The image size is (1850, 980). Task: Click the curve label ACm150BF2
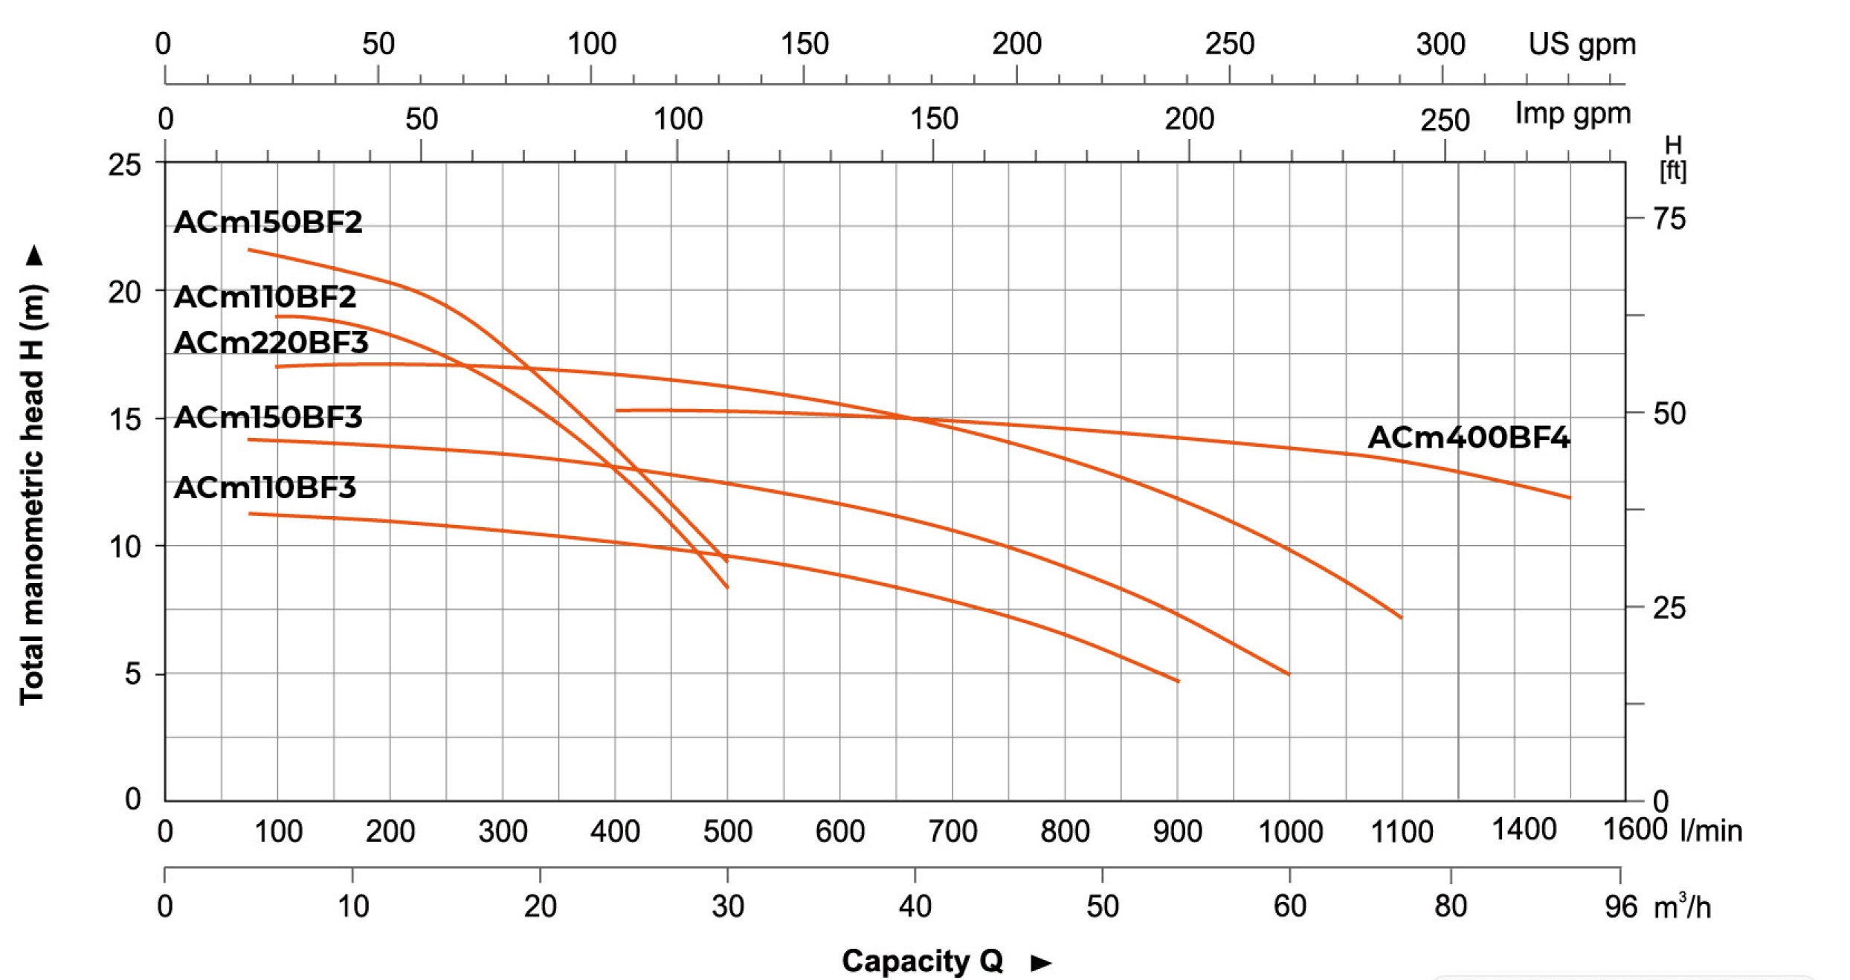click(268, 222)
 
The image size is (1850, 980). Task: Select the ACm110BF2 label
click(265, 297)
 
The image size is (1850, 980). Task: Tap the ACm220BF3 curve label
click(271, 343)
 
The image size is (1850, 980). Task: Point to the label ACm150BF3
click(268, 417)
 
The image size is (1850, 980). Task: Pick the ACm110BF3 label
click(265, 488)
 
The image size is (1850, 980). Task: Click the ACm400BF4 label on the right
click(1469, 437)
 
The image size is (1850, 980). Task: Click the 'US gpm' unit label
click(1582, 45)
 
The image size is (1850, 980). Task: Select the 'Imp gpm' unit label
click(1573, 114)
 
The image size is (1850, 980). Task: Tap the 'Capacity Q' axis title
click(922, 961)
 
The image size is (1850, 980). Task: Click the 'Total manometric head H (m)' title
click(33, 494)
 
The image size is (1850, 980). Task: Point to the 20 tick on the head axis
click(124, 293)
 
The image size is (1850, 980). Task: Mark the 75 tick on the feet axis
click(1669, 219)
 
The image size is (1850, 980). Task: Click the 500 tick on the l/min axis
click(727, 831)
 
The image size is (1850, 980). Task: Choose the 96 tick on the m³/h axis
click(1621, 906)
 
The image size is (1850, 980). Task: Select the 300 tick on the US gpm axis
click(1440, 45)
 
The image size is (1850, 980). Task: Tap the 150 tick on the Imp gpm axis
click(934, 119)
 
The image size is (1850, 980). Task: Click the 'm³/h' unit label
click(1682, 907)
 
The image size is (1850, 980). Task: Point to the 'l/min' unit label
click(1711, 831)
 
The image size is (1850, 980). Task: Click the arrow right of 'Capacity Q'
click(1041, 963)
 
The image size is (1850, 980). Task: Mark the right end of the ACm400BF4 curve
click(1569, 497)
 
